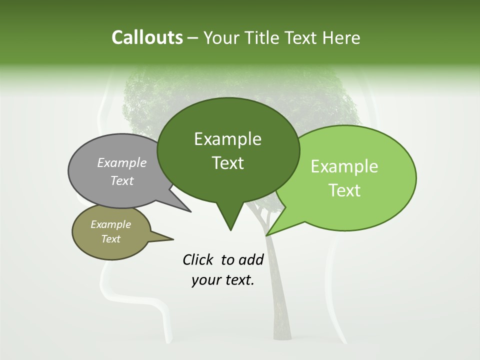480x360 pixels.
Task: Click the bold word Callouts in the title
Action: pyautogui.click(x=147, y=37)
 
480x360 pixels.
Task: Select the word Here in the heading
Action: pyautogui.click(x=342, y=37)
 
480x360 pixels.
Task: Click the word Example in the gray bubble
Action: pyautogui.click(x=122, y=162)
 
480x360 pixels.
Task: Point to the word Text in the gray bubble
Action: pyautogui.click(x=122, y=180)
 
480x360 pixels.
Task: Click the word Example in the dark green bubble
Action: pyautogui.click(x=227, y=139)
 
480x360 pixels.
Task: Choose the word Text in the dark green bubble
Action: pyautogui.click(x=228, y=163)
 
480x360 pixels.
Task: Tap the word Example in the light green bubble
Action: pyautogui.click(x=344, y=166)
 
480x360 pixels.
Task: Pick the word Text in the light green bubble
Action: pyautogui.click(x=345, y=190)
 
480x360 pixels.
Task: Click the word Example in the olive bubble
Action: pyautogui.click(x=110, y=224)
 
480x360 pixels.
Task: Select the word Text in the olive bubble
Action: pyautogui.click(x=111, y=239)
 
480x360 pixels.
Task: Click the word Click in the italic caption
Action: pyautogui.click(x=199, y=259)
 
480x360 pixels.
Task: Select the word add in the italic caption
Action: pyautogui.click(x=251, y=259)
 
